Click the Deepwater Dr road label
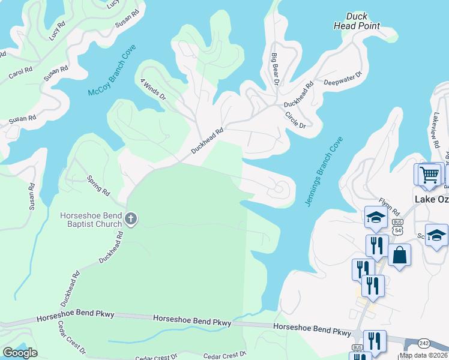343,79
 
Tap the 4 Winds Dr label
152,89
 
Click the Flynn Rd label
389,207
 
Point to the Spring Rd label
98,185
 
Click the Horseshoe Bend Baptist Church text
90,220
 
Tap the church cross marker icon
132,220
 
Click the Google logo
20,352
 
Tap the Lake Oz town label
432,199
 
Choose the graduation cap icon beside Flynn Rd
376,217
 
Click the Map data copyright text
424,355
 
